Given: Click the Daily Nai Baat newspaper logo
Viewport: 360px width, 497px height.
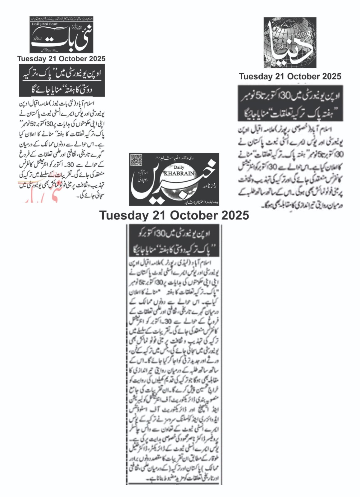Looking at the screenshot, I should click(62, 35).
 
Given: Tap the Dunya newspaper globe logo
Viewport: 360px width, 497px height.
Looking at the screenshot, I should click(290, 43).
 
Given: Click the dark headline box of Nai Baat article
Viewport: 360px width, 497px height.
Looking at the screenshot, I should click(62, 81).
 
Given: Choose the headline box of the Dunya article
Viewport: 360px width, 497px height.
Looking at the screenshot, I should click(290, 103).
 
